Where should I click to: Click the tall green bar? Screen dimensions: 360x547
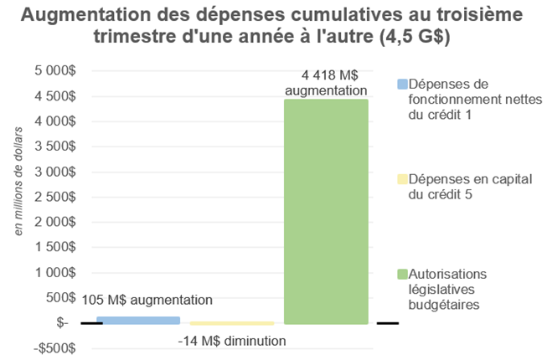[x=326, y=211]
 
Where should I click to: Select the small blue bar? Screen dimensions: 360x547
[x=138, y=320]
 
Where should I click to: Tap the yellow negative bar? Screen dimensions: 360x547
[x=232, y=323]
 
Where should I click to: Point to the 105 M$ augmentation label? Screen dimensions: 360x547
[x=147, y=300]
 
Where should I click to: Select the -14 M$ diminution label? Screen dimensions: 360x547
[x=232, y=341]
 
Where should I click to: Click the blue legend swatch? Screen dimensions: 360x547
[x=401, y=84]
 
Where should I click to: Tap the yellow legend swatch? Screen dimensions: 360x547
[x=401, y=178]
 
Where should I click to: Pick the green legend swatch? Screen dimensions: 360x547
[x=401, y=274]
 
